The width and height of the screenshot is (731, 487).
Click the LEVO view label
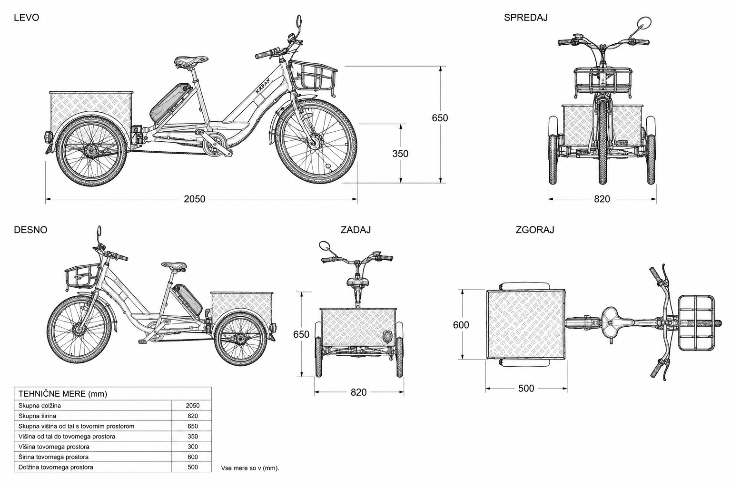27,17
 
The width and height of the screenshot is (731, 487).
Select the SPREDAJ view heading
526,17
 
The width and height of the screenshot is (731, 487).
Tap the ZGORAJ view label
535,230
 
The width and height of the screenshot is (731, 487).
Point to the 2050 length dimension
195,199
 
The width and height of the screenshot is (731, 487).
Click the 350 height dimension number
400,153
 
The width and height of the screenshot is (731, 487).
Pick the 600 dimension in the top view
461,324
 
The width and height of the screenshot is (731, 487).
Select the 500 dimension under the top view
526,388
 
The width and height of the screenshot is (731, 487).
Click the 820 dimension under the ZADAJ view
359,392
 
